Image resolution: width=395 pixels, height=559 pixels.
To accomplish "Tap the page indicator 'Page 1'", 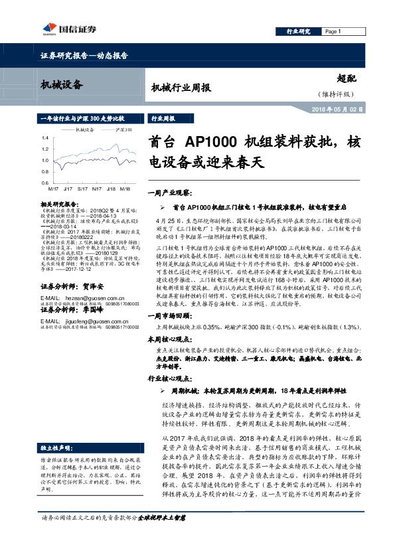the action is tap(332, 32).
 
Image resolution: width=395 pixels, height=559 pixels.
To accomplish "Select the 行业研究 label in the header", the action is tap(298, 32).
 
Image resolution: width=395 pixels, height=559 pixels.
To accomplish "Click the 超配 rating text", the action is tap(347, 78).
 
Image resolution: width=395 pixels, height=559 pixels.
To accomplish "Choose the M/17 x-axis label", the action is tap(52, 189).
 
